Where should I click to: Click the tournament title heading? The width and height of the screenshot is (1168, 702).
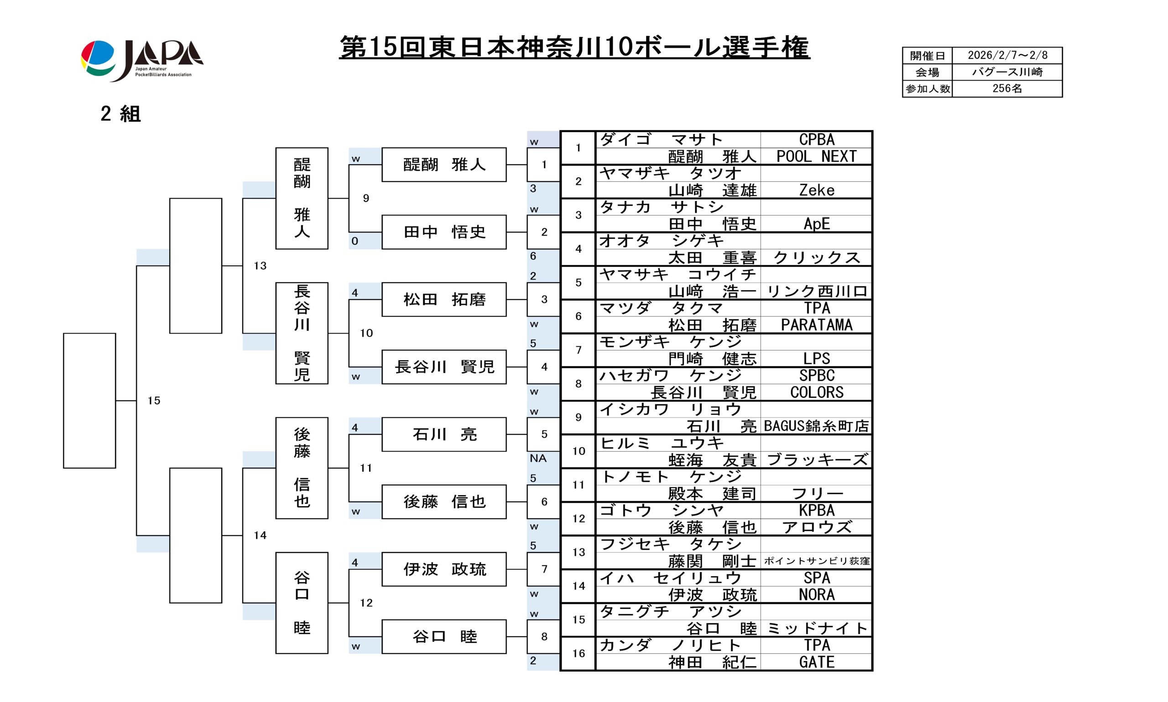point(574,47)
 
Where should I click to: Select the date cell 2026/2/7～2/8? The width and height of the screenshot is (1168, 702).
point(1007,55)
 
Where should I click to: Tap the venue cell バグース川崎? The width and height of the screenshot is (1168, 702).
point(1007,72)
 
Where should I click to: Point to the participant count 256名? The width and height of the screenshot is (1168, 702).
point(1007,88)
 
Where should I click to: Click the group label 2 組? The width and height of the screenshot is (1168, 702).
point(120,114)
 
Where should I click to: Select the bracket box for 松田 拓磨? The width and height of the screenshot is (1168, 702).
point(444,299)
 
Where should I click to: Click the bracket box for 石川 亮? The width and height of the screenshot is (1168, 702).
point(444,434)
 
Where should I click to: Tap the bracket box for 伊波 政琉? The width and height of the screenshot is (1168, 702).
point(444,569)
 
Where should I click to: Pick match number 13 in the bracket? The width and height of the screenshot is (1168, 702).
point(260,266)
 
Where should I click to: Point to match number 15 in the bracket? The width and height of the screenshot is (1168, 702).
point(154,401)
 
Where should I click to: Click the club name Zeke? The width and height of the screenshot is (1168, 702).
point(817,190)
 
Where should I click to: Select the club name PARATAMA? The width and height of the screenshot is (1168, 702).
point(817,325)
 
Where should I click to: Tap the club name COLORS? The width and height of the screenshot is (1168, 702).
point(817,392)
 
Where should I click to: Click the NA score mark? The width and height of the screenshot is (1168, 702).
point(538,459)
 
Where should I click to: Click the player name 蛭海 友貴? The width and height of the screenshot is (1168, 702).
point(713,460)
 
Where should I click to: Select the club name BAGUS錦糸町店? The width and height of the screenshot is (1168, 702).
point(817,426)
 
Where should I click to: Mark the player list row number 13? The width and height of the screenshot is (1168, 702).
point(579,552)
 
